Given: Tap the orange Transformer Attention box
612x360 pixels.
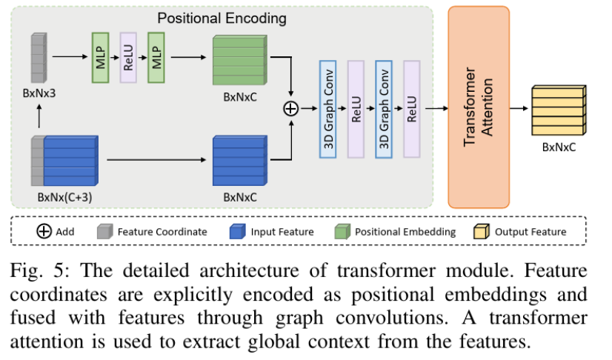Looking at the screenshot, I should pos(479,107).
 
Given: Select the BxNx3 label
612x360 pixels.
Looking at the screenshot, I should pos(40,94).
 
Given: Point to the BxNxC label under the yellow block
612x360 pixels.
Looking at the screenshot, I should pos(559,147).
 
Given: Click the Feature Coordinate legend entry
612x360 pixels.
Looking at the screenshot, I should pos(154,232).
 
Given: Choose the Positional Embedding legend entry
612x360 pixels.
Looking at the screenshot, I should pos(396,232).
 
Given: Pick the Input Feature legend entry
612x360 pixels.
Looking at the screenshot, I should pos(273,232).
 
